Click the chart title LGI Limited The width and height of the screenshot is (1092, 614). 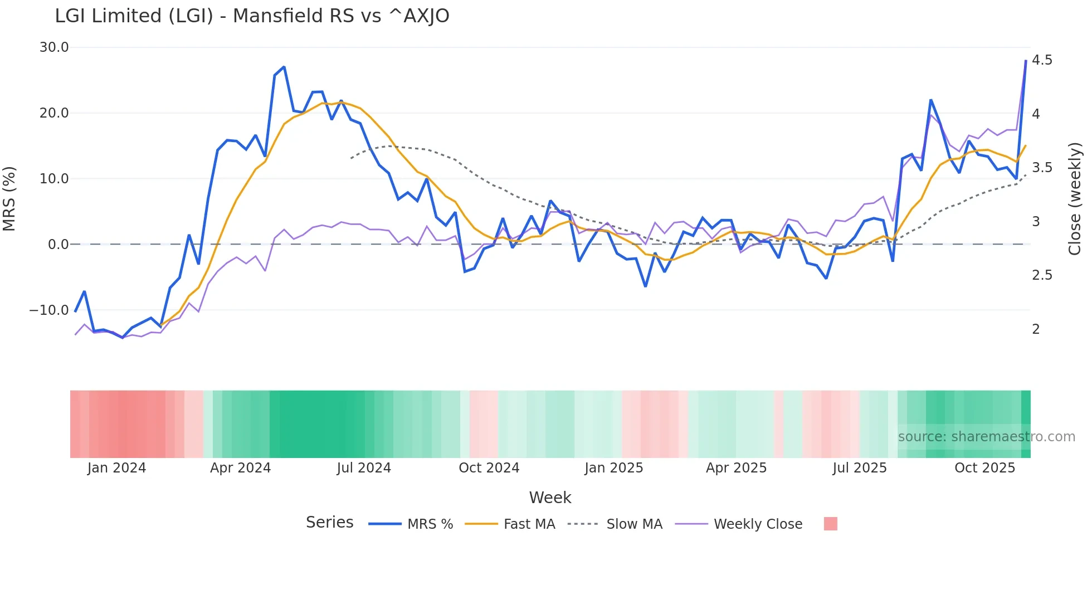[x=252, y=16]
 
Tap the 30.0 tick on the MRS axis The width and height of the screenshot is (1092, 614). [x=54, y=47]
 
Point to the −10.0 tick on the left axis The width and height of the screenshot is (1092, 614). [x=49, y=310]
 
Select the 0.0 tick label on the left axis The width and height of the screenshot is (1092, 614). [x=58, y=245]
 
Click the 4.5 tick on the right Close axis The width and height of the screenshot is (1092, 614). [x=1042, y=60]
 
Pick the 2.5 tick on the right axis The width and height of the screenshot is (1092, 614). [x=1042, y=275]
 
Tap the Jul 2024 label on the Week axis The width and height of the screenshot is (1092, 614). [x=364, y=468]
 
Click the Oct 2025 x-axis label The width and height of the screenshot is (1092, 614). [x=984, y=468]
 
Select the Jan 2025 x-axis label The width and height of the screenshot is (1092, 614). [x=613, y=468]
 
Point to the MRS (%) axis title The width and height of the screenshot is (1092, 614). [x=9, y=198]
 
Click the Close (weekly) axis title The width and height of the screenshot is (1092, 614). [x=1075, y=198]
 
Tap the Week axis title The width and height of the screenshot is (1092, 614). [x=550, y=498]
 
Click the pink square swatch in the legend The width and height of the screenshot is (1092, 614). [x=830, y=524]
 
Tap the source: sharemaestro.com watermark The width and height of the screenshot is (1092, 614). [x=986, y=437]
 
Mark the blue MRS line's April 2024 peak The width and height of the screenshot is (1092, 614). [x=284, y=67]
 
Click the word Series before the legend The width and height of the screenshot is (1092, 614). [x=329, y=523]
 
